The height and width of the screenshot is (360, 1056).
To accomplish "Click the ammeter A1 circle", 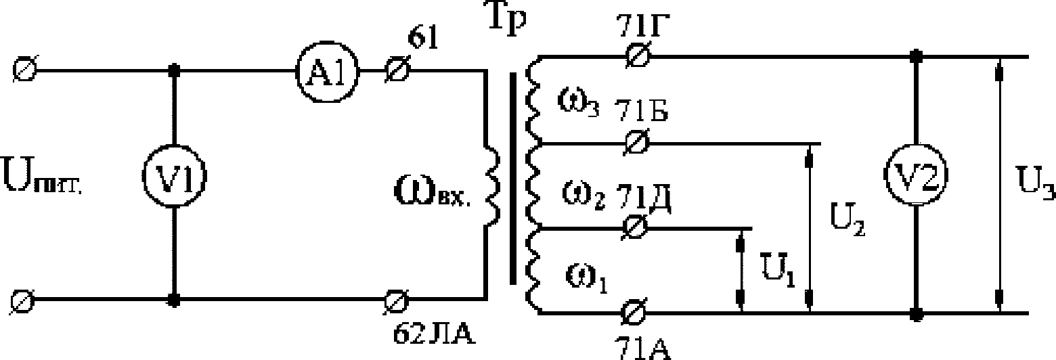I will [x=327, y=69].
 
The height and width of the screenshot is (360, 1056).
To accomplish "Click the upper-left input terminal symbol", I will [x=28, y=69].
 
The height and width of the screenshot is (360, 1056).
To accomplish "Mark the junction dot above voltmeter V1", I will [x=175, y=69].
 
